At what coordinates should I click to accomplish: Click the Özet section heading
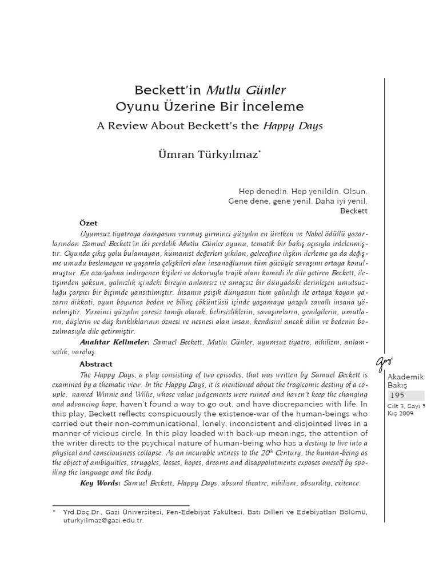click(88, 222)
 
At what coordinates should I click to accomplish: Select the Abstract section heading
click(96, 364)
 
